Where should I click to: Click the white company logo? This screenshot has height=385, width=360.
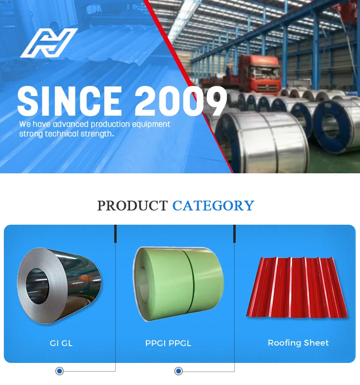(48, 43)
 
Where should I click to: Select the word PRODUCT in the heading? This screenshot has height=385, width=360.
(132, 206)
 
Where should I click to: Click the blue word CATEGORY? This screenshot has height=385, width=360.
(213, 206)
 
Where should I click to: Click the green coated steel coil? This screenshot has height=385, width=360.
(178, 283)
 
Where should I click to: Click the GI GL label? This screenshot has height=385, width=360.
(61, 343)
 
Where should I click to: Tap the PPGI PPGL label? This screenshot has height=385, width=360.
(168, 343)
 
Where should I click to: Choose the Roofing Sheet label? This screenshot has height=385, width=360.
(298, 343)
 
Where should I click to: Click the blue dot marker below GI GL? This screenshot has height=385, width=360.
(59, 371)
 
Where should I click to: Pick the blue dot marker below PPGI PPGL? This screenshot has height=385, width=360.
(179, 371)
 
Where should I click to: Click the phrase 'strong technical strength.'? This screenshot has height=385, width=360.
(66, 134)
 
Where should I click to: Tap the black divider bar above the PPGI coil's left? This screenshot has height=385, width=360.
(116, 234)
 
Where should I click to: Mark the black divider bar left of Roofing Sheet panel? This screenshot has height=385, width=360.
(235, 234)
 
